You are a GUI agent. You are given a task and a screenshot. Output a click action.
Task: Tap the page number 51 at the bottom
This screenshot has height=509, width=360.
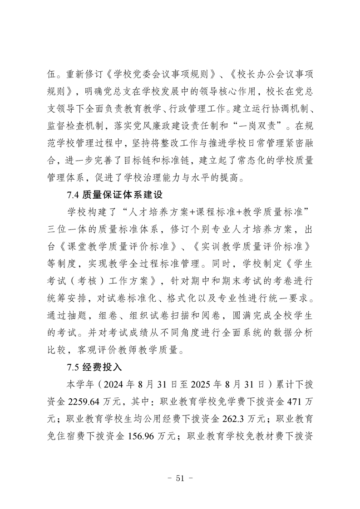click(181, 477)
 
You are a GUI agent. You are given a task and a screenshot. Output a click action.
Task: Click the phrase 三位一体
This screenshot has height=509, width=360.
click(68, 229)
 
